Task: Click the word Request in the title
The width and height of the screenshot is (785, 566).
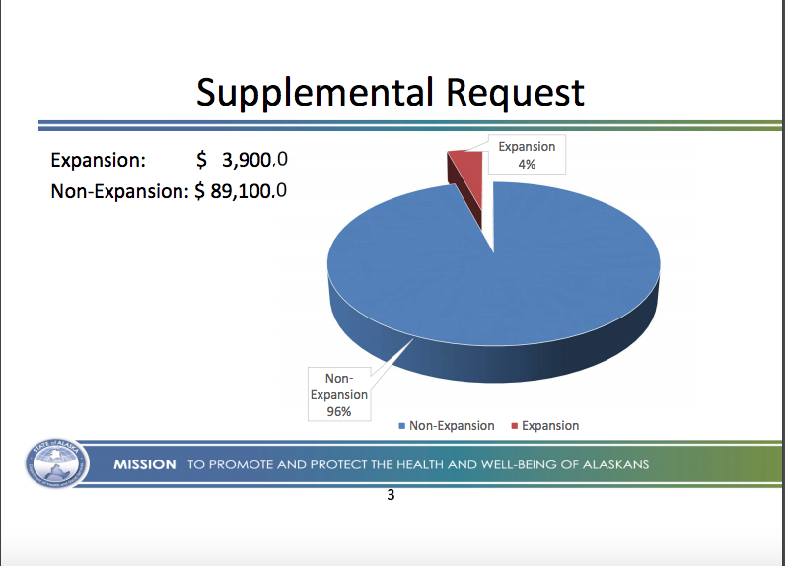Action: point(515,92)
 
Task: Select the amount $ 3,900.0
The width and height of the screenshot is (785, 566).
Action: point(242,160)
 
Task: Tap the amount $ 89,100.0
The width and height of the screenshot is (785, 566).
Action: point(241,189)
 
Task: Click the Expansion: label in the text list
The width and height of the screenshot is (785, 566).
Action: point(99,160)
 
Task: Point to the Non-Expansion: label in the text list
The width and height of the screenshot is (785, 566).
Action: point(118,189)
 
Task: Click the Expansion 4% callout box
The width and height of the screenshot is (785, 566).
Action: point(527,156)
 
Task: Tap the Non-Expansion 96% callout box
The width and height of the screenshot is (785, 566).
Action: point(338,394)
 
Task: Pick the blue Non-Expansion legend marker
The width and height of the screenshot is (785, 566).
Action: point(402,426)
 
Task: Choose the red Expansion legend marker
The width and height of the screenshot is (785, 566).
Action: point(514,426)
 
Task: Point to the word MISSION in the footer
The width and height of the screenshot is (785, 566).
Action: point(145,465)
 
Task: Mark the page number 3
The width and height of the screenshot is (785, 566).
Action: point(391,495)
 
